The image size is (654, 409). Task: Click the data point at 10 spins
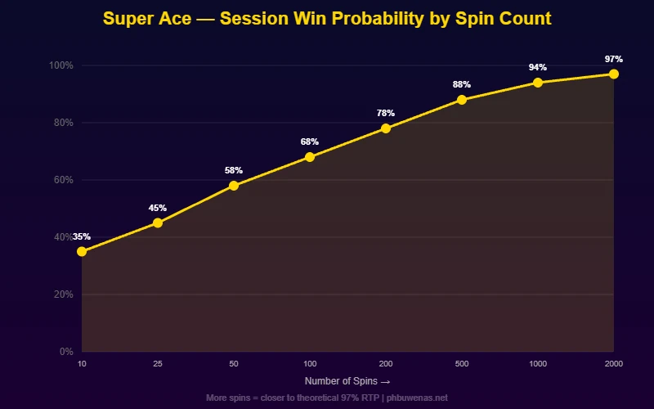(82, 251)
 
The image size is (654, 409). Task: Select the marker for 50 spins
(234, 186)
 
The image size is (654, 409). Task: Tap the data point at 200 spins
(386, 128)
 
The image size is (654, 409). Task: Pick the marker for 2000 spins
(614, 74)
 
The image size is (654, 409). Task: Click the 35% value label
(82, 236)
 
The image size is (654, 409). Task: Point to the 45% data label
(158, 208)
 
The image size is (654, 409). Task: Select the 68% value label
(310, 142)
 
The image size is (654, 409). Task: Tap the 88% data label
(462, 85)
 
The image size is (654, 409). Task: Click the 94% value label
(538, 68)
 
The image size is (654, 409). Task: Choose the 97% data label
(614, 59)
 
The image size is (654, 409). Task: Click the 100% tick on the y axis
(61, 65)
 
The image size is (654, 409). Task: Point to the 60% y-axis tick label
(63, 180)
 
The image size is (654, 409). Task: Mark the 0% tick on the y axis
(66, 352)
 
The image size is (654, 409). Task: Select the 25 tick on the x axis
(158, 362)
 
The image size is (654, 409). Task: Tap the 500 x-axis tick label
(462, 362)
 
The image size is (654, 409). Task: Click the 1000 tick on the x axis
(538, 362)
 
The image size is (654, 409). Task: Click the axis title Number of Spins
(347, 381)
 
